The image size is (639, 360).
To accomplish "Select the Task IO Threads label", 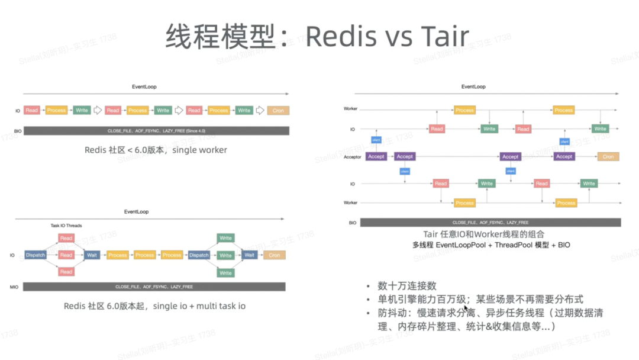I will [66, 226].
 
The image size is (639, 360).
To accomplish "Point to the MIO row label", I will [14, 287].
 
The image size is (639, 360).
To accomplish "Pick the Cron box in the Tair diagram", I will [608, 157].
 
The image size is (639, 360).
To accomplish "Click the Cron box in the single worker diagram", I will [278, 111].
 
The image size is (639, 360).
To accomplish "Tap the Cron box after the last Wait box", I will [274, 255].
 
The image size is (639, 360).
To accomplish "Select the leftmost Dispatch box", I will [35, 255].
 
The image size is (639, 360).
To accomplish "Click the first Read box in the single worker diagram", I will [32, 111].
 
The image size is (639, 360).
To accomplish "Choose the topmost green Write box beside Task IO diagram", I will [225, 238].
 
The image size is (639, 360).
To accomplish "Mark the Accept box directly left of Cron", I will [564, 157].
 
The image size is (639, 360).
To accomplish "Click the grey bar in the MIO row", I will [154, 287].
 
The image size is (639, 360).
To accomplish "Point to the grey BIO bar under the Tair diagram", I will [490, 223].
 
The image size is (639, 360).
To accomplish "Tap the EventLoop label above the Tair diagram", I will [473, 87].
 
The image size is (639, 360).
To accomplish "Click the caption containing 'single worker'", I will [156, 150].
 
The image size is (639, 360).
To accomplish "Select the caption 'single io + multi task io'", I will [154, 306].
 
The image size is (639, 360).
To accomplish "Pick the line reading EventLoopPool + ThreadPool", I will [491, 245].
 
